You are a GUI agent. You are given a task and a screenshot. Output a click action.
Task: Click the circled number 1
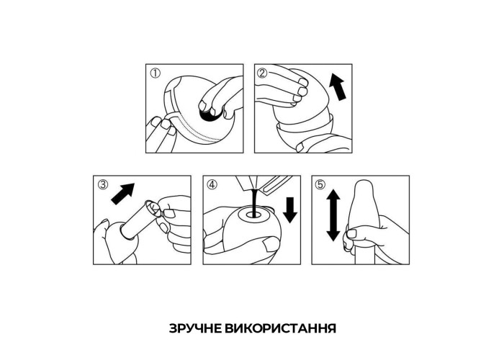coord(155,73)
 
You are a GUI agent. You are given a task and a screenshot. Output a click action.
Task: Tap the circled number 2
coord(262,73)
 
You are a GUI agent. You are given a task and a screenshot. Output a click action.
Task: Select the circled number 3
coord(103,184)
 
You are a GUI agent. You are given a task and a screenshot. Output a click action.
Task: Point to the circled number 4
coord(212,184)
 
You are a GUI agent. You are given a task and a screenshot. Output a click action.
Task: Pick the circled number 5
coord(320,184)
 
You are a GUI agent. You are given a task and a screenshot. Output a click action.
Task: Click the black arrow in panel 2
coord(338,86)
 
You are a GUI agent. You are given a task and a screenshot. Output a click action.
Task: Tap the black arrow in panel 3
coord(123,194)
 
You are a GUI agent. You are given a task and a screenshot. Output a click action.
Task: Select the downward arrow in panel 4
coord(290,210)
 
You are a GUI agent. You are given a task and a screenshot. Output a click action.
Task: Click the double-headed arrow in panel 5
coord(333,215)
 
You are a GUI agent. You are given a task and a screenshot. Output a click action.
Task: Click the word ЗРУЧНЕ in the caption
coord(195,328)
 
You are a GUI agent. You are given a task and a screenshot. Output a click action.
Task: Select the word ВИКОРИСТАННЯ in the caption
coord(280,328)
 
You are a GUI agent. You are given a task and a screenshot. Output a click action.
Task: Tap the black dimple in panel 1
coord(210,115)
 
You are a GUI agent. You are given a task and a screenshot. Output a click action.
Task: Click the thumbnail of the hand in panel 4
coord(270,245)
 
